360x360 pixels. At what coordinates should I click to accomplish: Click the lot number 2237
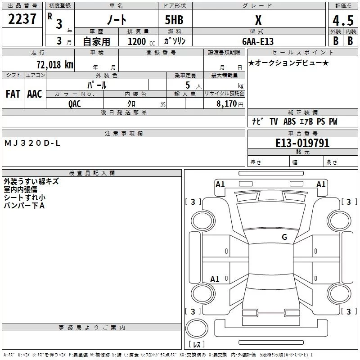point(22,19)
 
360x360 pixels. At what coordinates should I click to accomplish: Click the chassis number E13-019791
point(302,143)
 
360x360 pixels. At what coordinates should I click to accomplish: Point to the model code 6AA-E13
point(258,41)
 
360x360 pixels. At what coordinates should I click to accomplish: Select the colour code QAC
point(75,104)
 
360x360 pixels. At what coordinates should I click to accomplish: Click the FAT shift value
point(13,94)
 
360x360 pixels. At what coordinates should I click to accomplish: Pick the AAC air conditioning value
point(35,94)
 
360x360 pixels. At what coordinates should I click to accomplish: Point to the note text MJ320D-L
point(32,143)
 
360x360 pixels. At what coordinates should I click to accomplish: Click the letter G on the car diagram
point(284,237)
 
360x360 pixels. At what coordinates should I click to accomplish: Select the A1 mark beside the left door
point(215,279)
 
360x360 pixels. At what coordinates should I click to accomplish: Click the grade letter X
point(258,20)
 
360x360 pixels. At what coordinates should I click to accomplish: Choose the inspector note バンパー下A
point(24,206)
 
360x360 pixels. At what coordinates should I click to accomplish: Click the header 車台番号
point(302,134)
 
